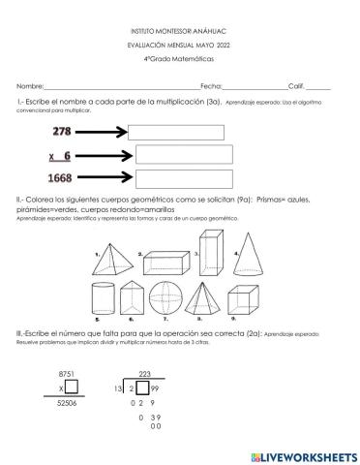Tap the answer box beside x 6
coord(185,155)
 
